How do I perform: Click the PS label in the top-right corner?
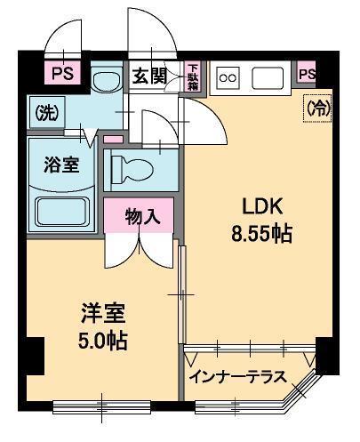tap(307, 74)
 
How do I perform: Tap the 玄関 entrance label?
tap(150, 76)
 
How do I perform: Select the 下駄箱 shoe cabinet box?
tap(193, 76)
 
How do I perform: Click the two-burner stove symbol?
tap(228, 77)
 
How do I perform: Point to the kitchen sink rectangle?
tap(267, 77)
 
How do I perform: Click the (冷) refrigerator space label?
tap(316, 108)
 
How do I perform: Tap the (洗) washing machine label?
tap(45, 114)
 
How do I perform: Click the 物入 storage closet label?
tap(142, 216)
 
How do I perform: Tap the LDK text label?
tap(263, 205)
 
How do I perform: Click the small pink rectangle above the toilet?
tap(113, 140)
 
